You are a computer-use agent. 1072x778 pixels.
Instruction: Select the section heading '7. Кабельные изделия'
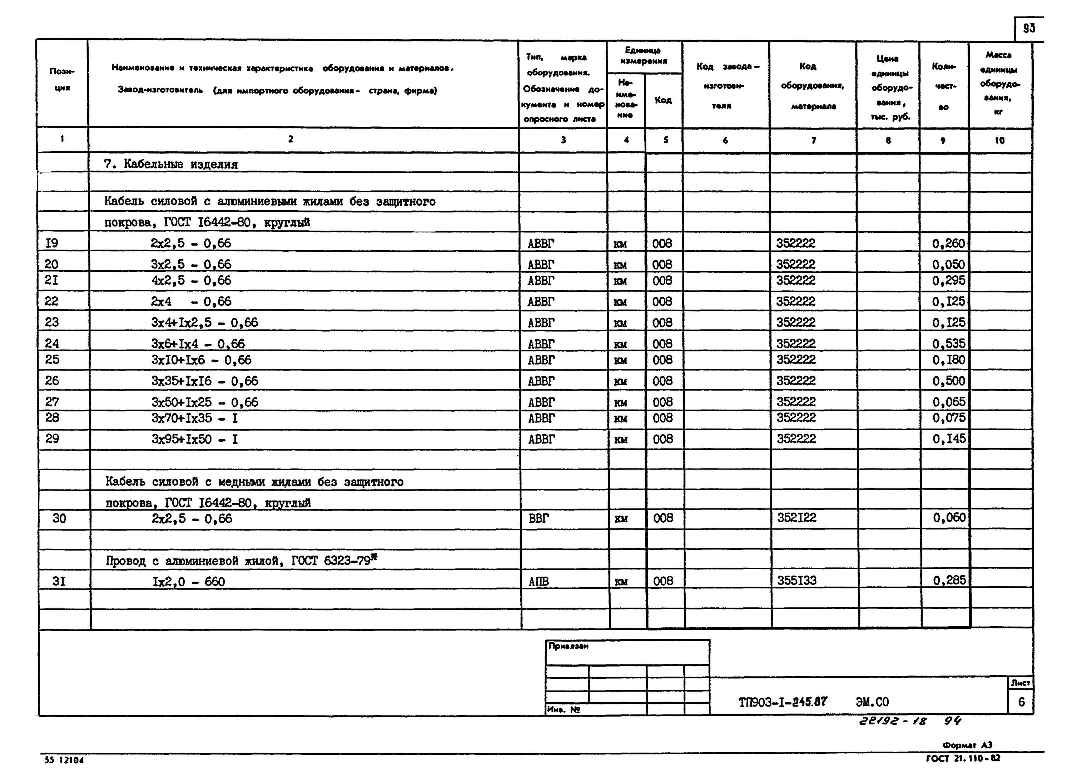(x=171, y=164)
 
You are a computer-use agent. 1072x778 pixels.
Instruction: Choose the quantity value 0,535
(x=948, y=344)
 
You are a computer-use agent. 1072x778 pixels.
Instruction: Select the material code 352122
(x=796, y=518)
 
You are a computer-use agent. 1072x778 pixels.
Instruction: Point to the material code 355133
(x=796, y=581)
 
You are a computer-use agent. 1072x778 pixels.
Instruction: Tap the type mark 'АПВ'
(x=539, y=582)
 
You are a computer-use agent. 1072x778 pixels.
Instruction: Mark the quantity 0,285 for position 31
(x=949, y=581)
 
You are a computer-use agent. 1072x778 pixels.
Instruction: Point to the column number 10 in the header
(x=999, y=140)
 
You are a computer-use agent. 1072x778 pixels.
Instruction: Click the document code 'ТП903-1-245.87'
(x=783, y=702)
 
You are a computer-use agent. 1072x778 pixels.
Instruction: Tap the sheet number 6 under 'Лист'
(x=1021, y=702)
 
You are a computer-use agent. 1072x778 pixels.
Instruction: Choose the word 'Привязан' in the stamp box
(x=568, y=646)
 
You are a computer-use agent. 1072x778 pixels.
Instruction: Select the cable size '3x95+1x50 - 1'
(x=195, y=439)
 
